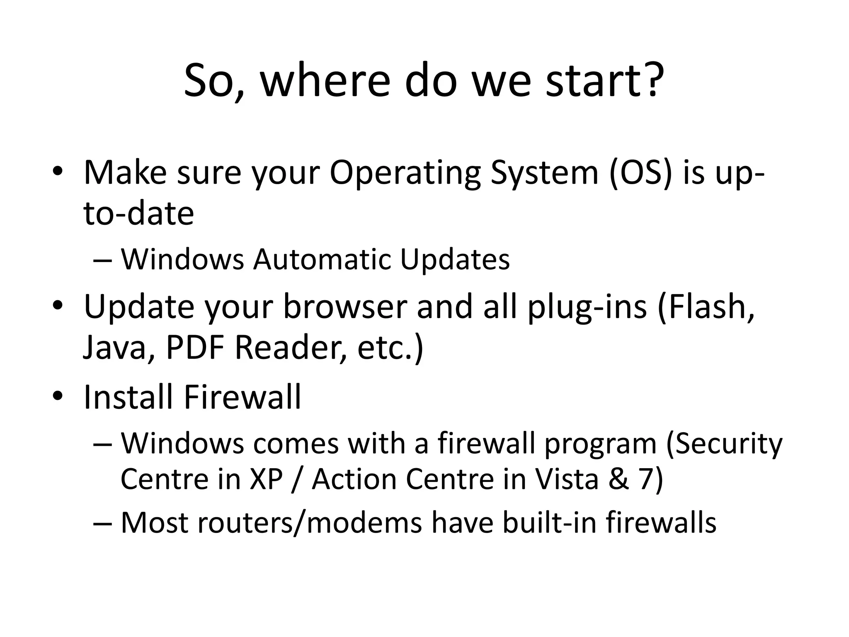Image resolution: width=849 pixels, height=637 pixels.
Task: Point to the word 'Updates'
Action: [x=455, y=260]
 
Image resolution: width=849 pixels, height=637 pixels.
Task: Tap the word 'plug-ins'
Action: [x=587, y=307]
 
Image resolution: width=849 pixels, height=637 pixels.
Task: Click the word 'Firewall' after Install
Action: [x=243, y=397]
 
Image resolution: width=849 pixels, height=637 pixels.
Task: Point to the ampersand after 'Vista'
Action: [x=619, y=479]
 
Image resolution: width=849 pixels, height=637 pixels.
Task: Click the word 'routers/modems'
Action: [x=309, y=523]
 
